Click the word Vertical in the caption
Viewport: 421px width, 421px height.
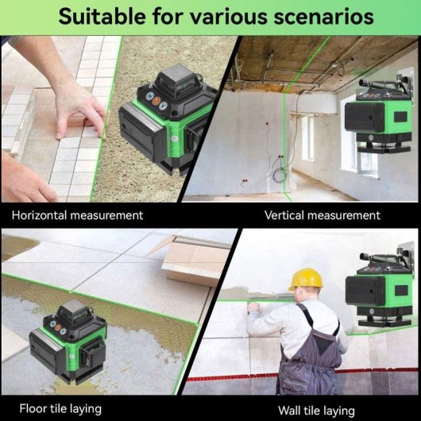284,215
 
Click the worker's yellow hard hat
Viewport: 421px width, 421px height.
305,280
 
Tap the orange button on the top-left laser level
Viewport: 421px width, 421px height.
156,101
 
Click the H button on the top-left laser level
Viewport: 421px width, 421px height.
150,96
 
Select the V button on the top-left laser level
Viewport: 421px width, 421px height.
163,106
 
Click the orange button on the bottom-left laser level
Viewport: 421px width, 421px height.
58,327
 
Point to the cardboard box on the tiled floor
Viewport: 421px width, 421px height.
195,260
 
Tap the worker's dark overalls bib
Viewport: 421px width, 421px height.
323,341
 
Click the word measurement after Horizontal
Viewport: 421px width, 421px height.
106,215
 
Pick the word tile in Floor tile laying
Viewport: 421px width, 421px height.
58,408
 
